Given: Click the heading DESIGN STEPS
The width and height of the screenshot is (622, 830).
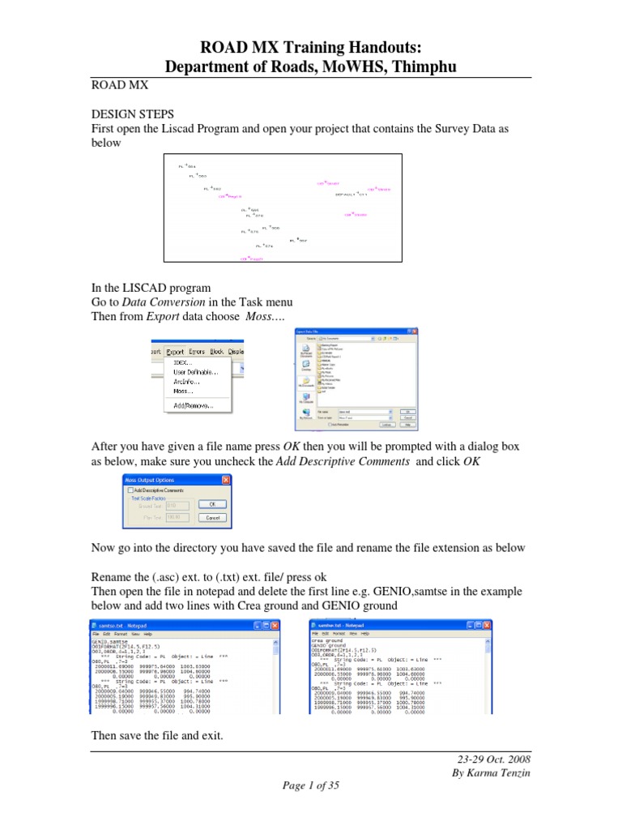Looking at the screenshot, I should tap(132, 115).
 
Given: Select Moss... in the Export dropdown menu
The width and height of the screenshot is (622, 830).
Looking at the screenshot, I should tap(185, 390).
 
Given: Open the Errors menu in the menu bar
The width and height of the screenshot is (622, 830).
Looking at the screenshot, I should tap(196, 352).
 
